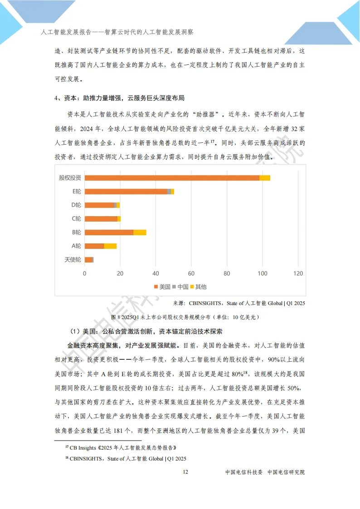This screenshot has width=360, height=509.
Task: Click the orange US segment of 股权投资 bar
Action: point(172,178)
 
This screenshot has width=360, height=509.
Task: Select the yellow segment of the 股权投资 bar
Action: point(265,178)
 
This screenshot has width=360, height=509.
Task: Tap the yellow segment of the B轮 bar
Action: point(140,233)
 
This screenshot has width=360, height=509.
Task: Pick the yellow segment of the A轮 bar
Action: point(110,246)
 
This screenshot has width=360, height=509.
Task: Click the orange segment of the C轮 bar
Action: point(101,219)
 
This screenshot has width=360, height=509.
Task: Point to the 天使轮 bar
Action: point(89,260)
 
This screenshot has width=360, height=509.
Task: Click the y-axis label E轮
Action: point(76,191)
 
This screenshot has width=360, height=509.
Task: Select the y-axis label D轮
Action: point(76,205)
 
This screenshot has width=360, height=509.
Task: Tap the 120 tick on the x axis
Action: point(298,273)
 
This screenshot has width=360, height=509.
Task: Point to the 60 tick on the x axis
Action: point(191,273)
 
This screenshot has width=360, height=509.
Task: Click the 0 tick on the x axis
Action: point(85,273)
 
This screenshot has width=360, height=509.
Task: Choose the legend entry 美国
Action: point(162,287)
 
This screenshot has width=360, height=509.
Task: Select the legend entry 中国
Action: point(180,287)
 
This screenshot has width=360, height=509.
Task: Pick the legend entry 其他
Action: point(198,287)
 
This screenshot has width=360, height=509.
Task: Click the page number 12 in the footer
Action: point(185,472)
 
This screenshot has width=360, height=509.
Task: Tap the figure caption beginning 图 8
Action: point(185,316)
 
